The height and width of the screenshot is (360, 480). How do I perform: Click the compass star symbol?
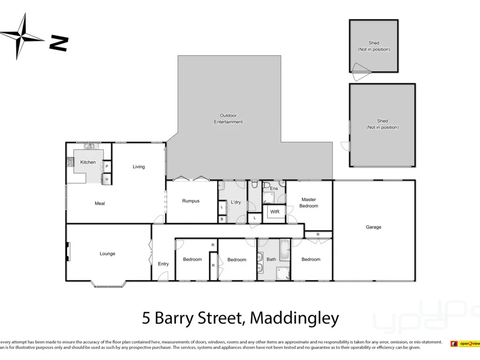21,36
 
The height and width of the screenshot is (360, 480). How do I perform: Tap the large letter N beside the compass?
59,44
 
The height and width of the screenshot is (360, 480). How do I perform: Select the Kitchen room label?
88,162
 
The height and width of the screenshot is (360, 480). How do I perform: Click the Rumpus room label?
191,201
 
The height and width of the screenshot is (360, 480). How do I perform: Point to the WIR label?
275,212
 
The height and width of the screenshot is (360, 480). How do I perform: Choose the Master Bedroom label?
309,203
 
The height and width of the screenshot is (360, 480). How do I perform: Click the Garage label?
373,227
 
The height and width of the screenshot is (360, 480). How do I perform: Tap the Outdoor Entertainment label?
228,119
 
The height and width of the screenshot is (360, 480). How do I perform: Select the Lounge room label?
107,254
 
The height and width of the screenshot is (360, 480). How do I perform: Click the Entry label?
163,264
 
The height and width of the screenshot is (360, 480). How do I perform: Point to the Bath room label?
271,260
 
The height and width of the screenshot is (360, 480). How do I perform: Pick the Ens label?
274,189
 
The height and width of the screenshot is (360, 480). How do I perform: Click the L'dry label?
236,203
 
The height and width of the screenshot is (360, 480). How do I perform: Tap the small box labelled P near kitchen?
107,167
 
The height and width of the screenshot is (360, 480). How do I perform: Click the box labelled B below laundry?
222,219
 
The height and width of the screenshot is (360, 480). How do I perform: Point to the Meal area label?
100,204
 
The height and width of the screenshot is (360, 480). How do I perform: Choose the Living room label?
139,167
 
